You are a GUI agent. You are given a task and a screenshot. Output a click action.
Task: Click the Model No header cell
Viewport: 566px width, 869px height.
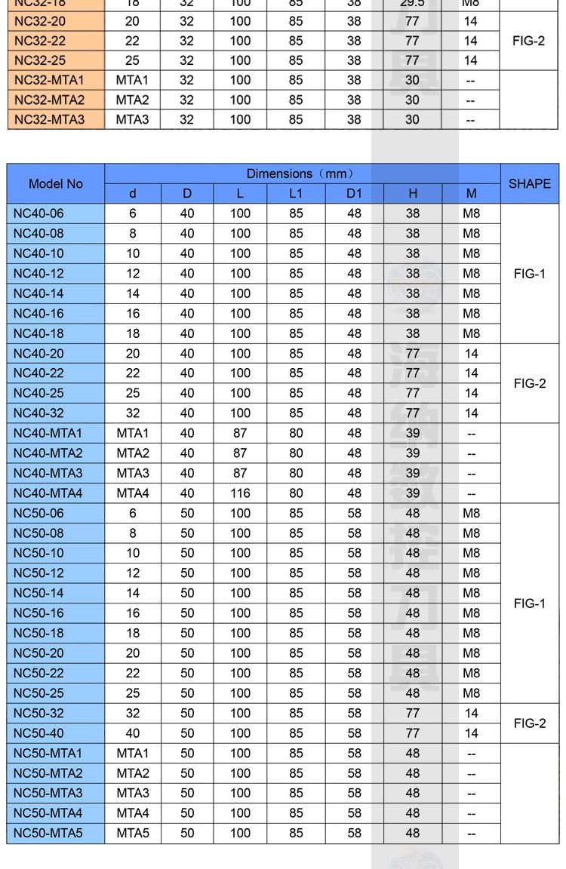(x=56, y=183)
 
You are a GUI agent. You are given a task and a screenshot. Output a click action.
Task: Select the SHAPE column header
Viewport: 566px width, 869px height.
(x=529, y=183)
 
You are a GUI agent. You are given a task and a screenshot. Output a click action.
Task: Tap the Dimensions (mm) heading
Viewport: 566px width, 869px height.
(x=302, y=173)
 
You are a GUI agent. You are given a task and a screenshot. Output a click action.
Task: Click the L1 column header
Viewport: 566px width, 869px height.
(x=296, y=194)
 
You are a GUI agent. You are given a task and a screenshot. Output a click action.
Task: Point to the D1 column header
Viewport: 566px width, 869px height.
(x=354, y=194)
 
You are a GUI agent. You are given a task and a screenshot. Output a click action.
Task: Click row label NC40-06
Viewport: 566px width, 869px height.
(x=38, y=213)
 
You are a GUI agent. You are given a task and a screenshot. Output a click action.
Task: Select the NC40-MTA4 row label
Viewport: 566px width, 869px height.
(x=48, y=493)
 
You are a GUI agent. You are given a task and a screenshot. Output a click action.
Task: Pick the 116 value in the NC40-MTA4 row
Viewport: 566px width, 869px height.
(x=240, y=493)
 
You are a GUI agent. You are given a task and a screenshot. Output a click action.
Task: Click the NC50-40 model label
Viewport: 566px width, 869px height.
(x=38, y=733)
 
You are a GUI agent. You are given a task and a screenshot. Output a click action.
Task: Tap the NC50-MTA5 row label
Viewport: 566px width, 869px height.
(x=48, y=834)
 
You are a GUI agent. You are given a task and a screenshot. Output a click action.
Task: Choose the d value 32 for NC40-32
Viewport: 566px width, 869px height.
(x=133, y=413)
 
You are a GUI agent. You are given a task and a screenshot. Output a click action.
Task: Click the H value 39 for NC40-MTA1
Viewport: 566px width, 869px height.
(x=412, y=433)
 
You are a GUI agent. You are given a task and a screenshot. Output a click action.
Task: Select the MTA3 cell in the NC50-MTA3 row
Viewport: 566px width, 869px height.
(x=133, y=794)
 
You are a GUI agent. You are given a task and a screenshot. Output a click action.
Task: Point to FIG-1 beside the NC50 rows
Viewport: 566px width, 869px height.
(x=529, y=603)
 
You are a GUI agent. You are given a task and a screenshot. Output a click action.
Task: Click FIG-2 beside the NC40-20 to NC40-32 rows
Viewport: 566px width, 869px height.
(x=529, y=383)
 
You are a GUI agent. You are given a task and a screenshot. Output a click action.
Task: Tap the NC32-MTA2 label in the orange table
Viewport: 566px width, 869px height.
(x=49, y=100)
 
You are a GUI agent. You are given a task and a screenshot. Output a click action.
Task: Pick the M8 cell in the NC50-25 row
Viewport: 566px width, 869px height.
(x=471, y=693)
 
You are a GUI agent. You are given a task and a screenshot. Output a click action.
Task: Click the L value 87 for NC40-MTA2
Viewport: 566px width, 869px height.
(x=240, y=453)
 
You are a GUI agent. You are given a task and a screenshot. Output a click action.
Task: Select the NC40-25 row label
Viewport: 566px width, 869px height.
(x=38, y=393)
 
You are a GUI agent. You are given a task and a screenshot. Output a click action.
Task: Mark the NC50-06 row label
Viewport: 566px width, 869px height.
(x=38, y=514)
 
